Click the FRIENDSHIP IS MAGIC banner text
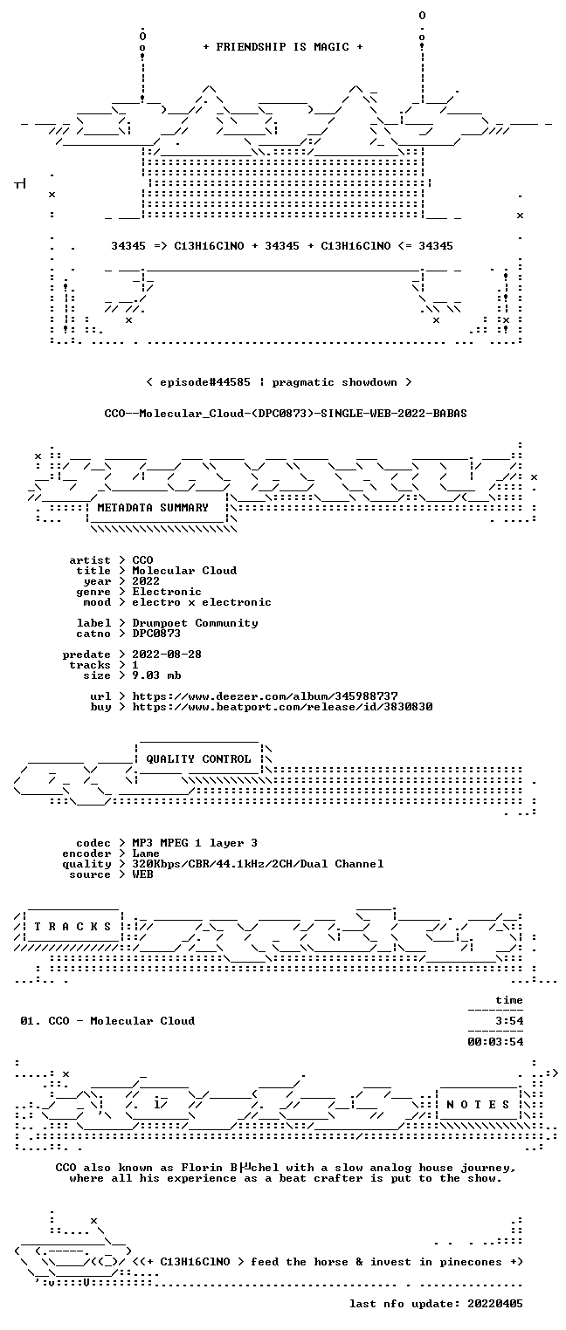pyautogui.click(x=283, y=47)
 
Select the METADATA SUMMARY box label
pyautogui.click(x=153, y=508)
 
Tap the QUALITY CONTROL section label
pyautogui.click(x=198, y=758)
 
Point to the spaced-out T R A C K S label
pyautogui.click(x=73, y=926)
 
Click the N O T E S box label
pyautogui.click(x=478, y=1104)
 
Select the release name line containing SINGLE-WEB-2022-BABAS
pyautogui.click(x=286, y=414)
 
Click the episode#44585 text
pyautogui.click(x=205, y=382)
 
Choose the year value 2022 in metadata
pyautogui.click(x=146, y=581)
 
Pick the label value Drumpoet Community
pyautogui.click(x=195, y=623)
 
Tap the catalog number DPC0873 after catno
pyautogui.click(x=156, y=634)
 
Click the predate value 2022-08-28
pyautogui.click(x=167, y=655)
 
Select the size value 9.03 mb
pyautogui.click(x=156, y=675)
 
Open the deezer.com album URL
pyautogui.click(x=266, y=696)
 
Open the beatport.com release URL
pyautogui.click(x=282, y=707)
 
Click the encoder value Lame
pyautogui.click(x=146, y=854)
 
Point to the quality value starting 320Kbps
pyautogui.click(x=258, y=864)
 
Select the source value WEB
pyautogui.click(x=142, y=874)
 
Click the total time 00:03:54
pyautogui.click(x=495, y=1041)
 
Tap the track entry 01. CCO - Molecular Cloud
pyautogui.click(x=107, y=1021)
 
